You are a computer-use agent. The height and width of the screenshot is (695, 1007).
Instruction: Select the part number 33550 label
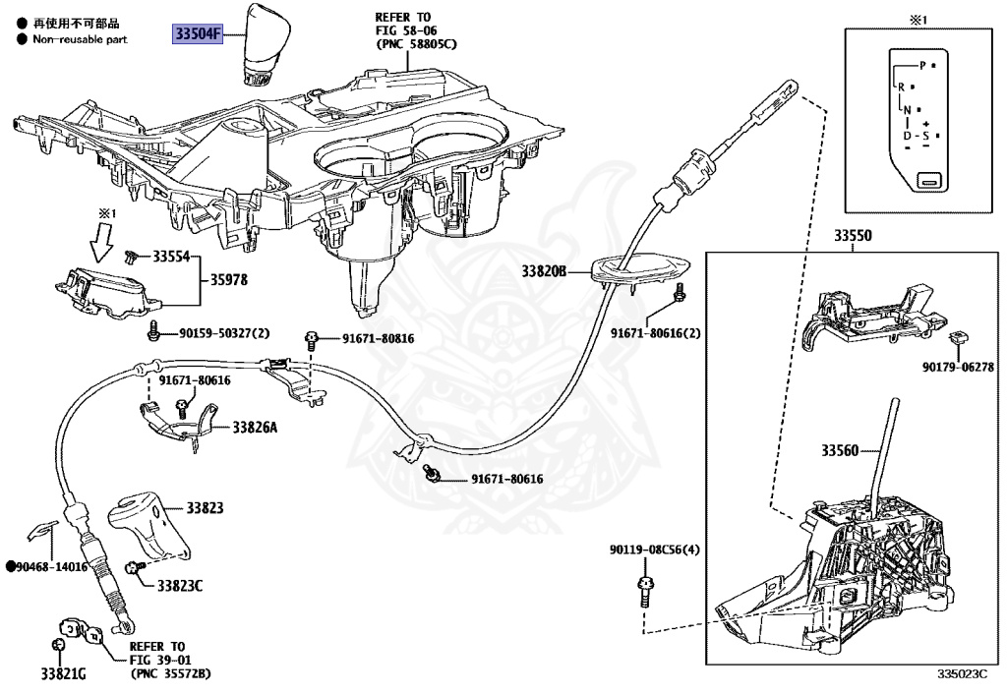click(854, 237)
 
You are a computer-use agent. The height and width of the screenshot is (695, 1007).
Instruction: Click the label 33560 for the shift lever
click(840, 451)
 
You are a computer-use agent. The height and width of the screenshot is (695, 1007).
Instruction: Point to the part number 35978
click(228, 280)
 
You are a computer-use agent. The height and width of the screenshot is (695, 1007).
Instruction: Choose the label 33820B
click(545, 270)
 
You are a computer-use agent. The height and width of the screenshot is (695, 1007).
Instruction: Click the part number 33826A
click(256, 428)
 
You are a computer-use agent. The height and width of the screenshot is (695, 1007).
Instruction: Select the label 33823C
click(180, 586)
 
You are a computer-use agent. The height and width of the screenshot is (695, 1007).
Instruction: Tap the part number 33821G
click(64, 674)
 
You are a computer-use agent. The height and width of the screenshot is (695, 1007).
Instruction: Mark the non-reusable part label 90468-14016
click(49, 567)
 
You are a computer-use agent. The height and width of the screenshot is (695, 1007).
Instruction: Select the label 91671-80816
click(379, 339)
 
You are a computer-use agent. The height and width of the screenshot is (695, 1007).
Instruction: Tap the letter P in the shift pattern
click(922, 65)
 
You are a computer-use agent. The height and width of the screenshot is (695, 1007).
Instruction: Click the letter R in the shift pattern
click(902, 87)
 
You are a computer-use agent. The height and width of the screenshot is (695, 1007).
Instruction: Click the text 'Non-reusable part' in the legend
click(80, 39)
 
